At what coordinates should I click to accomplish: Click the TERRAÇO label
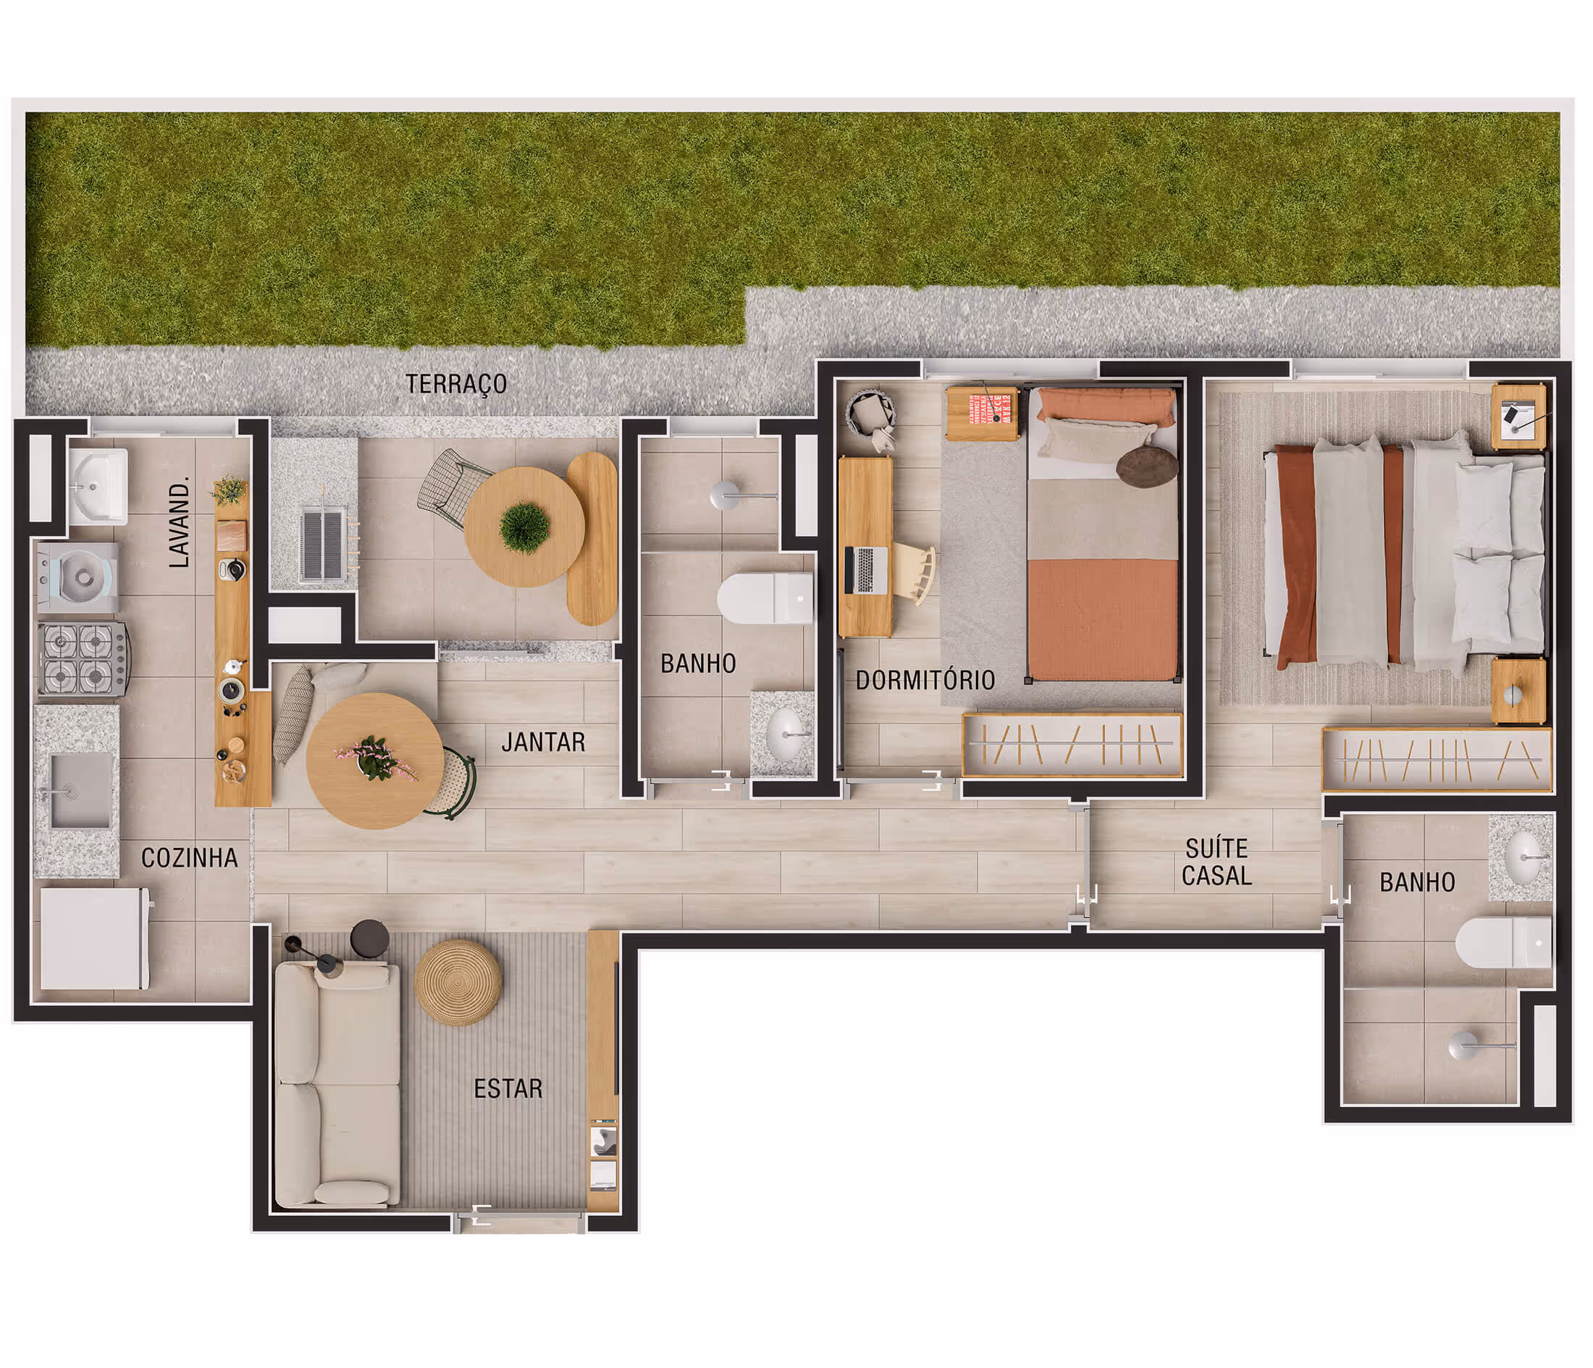click(456, 384)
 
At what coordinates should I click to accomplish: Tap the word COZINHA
click(189, 858)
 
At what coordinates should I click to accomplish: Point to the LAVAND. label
click(178, 523)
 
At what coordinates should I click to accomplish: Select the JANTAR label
click(543, 742)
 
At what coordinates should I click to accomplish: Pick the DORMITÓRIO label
click(925, 680)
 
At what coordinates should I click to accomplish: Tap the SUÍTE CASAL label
click(1216, 862)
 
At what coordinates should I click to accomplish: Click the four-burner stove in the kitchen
click(83, 659)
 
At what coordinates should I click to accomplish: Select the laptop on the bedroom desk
click(867, 570)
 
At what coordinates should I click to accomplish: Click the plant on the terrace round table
click(524, 526)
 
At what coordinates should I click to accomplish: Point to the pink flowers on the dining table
click(374, 758)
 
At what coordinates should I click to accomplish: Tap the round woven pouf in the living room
click(458, 982)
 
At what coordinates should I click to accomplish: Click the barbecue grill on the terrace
click(321, 544)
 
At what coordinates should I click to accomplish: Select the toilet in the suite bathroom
click(1502, 943)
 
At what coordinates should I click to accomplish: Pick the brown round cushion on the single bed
click(1146, 466)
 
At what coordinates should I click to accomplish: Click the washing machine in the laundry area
click(78, 576)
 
